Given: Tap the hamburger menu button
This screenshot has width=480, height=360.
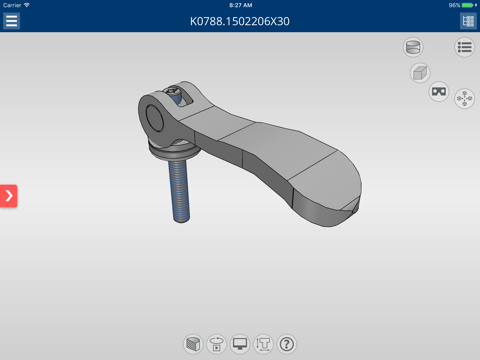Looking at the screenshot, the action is [x=11, y=21].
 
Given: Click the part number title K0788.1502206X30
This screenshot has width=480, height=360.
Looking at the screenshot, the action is [x=240, y=22].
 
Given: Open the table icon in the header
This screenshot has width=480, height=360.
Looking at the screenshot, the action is [x=468, y=21].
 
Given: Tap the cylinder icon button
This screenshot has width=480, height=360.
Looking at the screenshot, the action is [x=413, y=47].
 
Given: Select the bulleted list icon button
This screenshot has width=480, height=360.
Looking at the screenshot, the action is [x=464, y=47].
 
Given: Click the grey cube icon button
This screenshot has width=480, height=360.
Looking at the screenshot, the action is [x=420, y=73].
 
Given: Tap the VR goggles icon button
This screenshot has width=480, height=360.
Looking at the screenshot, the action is [x=439, y=91].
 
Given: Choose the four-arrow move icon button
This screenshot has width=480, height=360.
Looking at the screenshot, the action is [x=464, y=98].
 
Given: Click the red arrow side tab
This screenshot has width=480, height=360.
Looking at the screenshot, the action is [x=8, y=196].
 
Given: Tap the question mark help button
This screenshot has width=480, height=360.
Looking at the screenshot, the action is [x=287, y=344].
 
